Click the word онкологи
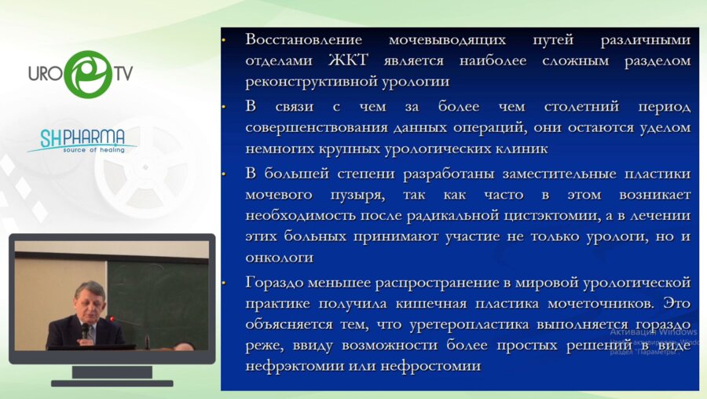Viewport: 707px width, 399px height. (280, 257)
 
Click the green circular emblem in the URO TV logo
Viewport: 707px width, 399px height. (87, 74)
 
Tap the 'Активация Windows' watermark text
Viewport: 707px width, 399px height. (654, 332)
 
